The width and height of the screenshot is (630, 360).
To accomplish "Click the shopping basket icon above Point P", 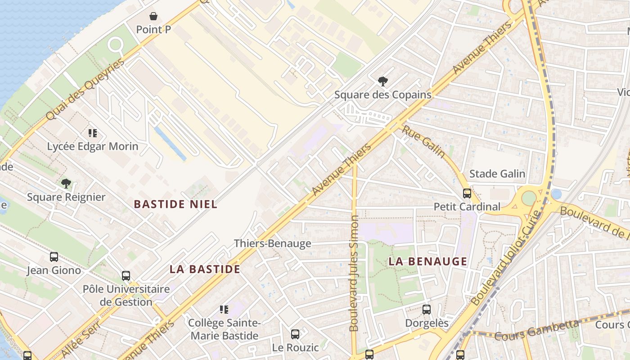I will coord(153,17).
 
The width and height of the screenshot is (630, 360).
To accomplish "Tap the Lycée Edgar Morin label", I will coord(93,146).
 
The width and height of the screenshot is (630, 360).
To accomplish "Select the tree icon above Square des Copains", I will coord(382,81).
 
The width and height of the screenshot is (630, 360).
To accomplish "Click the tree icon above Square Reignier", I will coord(66,184).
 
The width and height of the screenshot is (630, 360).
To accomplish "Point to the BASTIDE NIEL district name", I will coord(175,204).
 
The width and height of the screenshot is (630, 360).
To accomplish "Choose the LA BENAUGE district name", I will coord(427,261).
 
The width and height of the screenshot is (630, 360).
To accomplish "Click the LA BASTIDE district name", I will coord(205,269).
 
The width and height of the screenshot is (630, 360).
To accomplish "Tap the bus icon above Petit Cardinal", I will coord(467,193).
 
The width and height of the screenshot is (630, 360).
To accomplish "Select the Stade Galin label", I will coord(497,174).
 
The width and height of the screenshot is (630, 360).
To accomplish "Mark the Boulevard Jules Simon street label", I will coord(354,273).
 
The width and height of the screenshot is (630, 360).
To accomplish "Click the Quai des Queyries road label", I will coord(85,89).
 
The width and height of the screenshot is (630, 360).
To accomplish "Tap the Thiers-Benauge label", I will coord(272,243).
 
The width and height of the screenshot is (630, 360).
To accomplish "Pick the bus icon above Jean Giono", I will coord(54,257).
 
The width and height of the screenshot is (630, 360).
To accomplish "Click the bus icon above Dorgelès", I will coord(427,310).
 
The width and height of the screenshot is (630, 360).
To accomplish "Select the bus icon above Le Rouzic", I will coord(295,334).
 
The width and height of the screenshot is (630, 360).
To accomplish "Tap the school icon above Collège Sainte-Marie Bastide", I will coord(224,310).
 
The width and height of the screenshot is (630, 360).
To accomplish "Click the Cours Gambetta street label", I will coord(536,330).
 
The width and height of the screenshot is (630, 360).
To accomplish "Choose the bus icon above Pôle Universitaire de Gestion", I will coord(126,275).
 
